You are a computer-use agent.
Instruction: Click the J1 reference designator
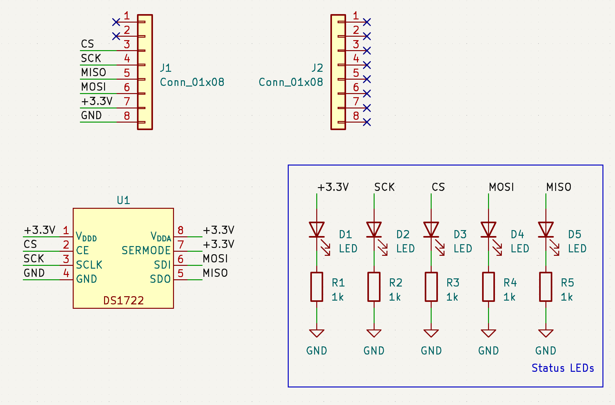[x=166, y=68]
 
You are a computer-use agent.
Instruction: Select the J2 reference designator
[x=317, y=68]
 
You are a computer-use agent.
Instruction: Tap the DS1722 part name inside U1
[x=124, y=301]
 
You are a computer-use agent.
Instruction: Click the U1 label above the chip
[x=123, y=200]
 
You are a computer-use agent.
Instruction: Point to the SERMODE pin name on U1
[x=146, y=250]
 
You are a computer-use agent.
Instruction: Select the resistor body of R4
[x=488, y=287]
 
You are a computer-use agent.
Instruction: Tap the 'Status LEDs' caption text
[x=563, y=368]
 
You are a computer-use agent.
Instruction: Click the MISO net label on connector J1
[x=93, y=72]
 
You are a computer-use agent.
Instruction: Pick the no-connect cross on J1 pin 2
[x=116, y=36]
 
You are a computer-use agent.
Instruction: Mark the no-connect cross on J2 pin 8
[x=367, y=122]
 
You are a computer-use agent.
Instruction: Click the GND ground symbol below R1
[x=317, y=333]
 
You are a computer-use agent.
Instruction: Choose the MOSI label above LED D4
[x=502, y=187]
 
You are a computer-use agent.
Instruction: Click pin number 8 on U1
[x=181, y=230]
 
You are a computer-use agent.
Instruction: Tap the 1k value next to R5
[x=567, y=297]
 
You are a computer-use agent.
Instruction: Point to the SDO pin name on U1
[x=160, y=279]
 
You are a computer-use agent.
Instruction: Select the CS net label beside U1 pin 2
[x=30, y=244]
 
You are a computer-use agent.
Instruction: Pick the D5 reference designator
[x=575, y=234]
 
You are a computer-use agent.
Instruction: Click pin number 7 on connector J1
[x=127, y=101]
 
